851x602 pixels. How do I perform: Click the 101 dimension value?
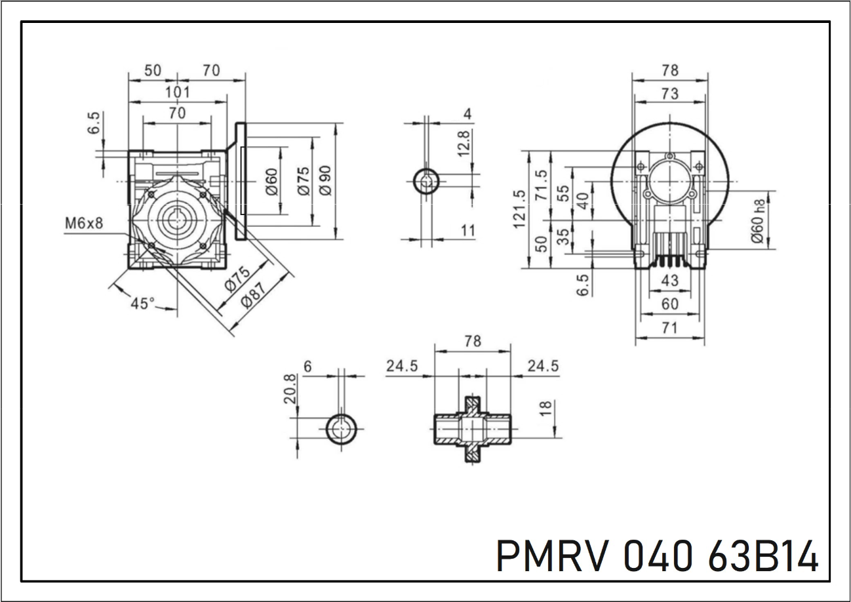[177, 92]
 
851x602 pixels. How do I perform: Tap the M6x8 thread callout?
[84, 223]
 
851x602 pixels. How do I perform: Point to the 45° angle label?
[142, 303]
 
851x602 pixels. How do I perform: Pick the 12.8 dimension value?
[464, 143]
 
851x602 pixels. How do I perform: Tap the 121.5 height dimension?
[519, 209]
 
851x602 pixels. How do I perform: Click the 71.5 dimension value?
[542, 189]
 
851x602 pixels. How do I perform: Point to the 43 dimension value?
[670, 281]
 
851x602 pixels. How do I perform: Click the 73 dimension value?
[669, 94]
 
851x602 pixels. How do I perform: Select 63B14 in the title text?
[763, 557]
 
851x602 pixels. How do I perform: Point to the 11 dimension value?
[468, 230]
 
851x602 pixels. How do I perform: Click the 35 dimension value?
[563, 237]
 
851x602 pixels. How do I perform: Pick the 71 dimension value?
[669, 328]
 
